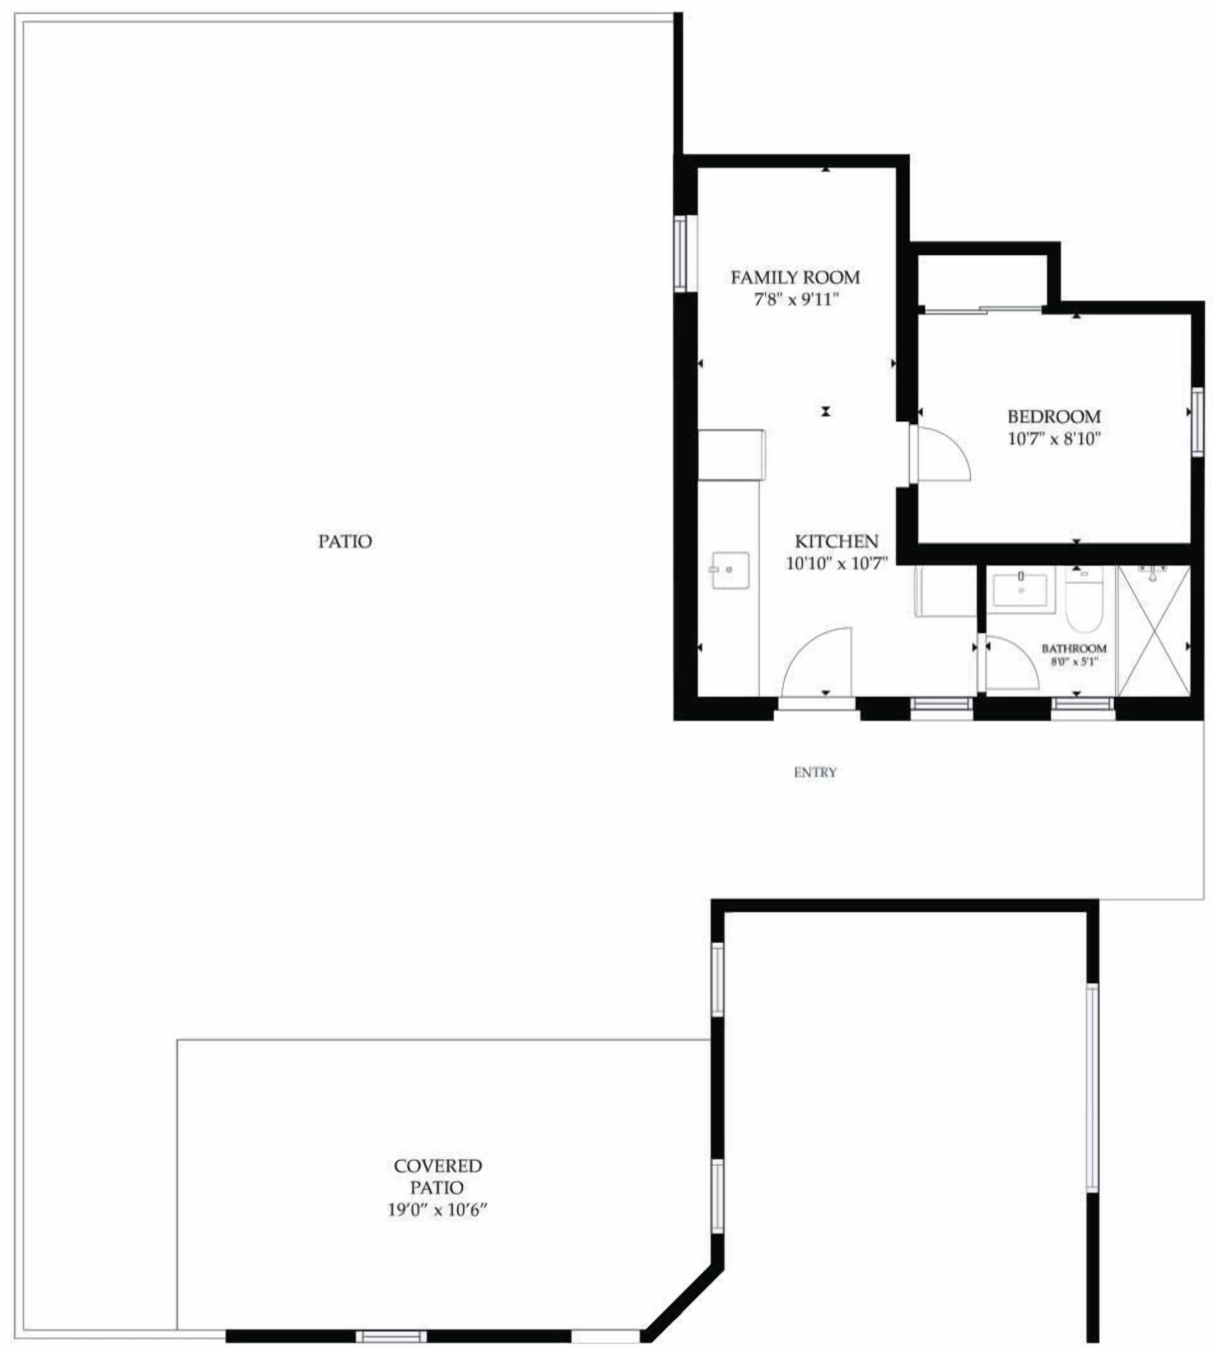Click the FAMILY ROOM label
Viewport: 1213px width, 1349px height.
tap(795, 277)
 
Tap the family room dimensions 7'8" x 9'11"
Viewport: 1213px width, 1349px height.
tap(795, 299)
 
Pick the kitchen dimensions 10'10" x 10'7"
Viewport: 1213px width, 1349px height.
tap(837, 563)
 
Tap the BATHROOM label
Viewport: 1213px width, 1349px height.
tap(1074, 648)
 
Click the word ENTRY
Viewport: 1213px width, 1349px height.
tap(815, 772)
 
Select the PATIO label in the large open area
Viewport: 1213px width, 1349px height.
tap(345, 541)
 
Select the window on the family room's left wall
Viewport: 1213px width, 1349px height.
tap(680, 253)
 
